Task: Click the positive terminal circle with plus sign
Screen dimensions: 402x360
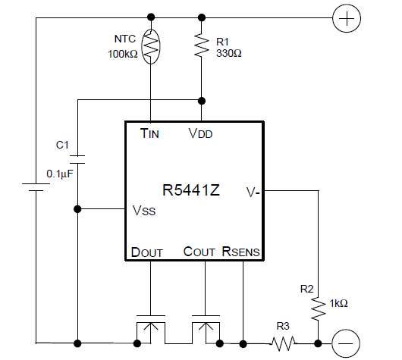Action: click(x=347, y=18)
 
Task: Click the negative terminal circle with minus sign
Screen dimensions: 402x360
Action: click(x=346, y=343)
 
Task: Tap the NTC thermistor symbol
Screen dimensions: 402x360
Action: click(x=151, y=46)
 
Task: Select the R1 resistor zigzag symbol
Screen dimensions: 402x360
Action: click(x=202, y=45)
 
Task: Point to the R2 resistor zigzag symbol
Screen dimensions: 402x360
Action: click(x=319, y=308)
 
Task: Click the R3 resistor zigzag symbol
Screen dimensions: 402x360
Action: click(x=284, y=343)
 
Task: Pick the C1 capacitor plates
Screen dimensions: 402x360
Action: click(x=77, y=159)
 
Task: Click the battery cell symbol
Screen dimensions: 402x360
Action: click(x=36, y=187)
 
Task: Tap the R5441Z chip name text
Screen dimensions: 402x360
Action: click(x=191, y=190)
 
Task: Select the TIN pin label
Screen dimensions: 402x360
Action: click(x=149, y=133)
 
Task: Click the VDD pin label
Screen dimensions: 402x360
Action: click(x=200, y=133)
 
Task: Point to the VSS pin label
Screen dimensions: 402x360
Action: click(x=144, y=211)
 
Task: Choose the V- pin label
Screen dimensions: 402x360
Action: click(x=253, y=192)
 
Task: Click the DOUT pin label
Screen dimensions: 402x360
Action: click(x=147, y=252)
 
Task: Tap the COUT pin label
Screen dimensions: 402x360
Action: click(x=199, y=252)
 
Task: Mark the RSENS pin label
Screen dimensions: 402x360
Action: click(x=240, y=252)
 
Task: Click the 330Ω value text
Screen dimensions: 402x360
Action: click(x=229, y=53)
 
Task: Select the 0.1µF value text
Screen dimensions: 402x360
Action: click(x=60, y=174)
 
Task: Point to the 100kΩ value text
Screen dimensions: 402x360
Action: click(x=123, y=54)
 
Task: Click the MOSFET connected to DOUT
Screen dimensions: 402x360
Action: click(x=151, y=329)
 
